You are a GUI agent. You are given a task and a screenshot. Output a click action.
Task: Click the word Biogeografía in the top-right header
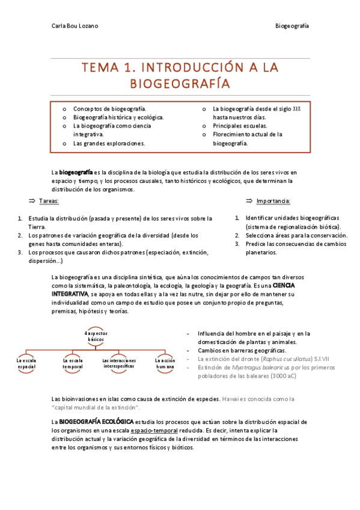291,26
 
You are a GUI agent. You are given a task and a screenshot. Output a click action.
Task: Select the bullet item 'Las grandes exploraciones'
109,144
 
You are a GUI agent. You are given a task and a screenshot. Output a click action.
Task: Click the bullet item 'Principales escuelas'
240,126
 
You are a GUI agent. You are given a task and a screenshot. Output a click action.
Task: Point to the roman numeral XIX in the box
296,109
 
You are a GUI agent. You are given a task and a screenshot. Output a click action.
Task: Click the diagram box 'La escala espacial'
26,363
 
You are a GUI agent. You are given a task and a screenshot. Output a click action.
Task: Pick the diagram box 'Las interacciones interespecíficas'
119,363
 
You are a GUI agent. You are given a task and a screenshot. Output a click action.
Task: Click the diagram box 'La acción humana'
165,363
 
